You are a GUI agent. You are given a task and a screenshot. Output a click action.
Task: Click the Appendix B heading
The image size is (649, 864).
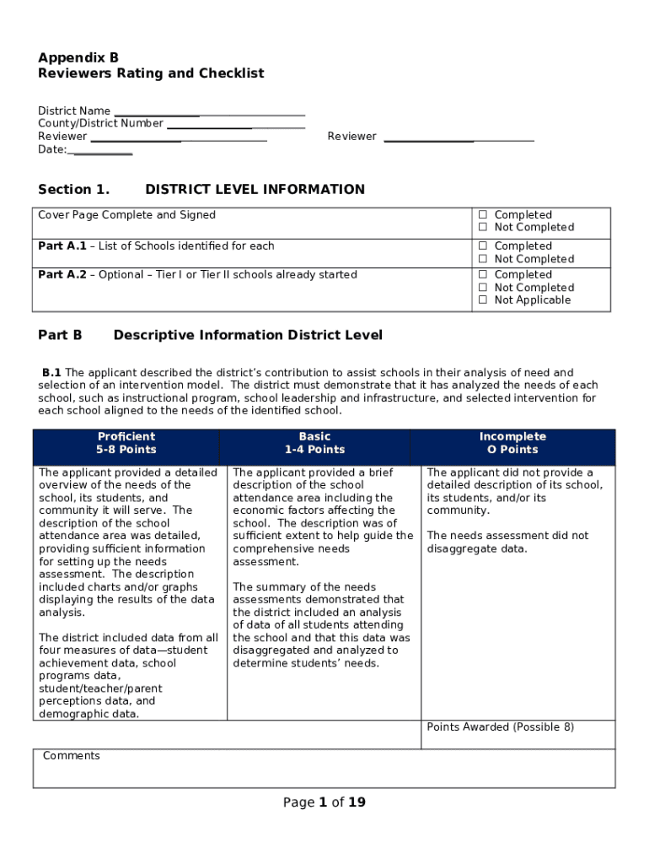click(78, 57)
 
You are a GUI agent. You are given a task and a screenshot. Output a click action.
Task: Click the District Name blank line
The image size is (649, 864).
click(209, 111)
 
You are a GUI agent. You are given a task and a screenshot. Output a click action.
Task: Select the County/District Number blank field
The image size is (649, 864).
click(235, 124)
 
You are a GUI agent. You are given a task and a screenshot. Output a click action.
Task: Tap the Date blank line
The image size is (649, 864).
click(101, 149)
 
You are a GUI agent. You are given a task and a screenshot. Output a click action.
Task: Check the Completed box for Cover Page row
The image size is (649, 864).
click(484, 215)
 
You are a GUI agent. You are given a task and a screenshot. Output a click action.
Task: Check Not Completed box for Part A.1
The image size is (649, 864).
click(484, 259)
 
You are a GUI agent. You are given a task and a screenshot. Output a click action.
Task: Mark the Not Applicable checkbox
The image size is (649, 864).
click(484, 300)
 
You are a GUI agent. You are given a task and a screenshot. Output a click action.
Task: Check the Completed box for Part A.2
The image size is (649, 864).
click(484, 275)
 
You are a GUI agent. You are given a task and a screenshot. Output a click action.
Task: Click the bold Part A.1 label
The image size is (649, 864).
click(62, 246)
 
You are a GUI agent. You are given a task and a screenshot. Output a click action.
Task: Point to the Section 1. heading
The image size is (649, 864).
click(73, 189)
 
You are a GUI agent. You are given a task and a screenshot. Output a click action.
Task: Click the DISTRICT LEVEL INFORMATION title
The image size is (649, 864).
click(255, 189)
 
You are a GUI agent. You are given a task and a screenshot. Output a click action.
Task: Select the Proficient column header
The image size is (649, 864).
click(126, 443)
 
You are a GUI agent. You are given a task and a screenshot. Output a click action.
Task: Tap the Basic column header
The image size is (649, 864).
click(314, 443)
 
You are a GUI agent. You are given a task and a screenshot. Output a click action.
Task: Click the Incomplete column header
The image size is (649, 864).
click(512, 443)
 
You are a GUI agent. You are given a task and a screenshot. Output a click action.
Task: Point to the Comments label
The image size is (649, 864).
click(72, 756)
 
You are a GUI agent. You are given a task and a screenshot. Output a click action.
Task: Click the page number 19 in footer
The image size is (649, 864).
click(357, 802)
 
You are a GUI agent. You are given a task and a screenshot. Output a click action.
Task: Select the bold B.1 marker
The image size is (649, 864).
click(52, 373)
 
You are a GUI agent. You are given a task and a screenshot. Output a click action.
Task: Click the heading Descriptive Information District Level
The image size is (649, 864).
click(248, 335)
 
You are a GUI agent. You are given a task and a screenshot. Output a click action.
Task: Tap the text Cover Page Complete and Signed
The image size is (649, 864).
click(126, 215)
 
